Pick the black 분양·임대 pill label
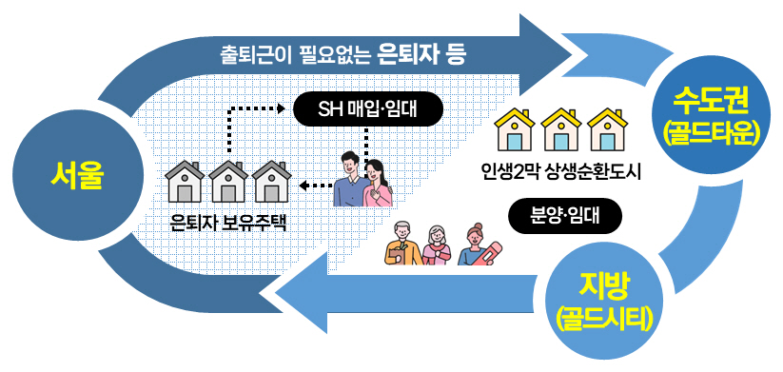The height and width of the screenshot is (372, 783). pyautogui.click(x=564, y=215)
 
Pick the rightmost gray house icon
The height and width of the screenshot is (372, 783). pyautogui.click(x=271, y=182)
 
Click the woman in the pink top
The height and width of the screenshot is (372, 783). pyautogui.click(x=379, y=182)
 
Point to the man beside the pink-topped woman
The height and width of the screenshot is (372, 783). pyautogui.click(x=350, y=180)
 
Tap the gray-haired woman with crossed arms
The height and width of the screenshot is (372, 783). pyautogui.click(x=436, y=245)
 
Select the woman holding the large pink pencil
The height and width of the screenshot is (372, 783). pyautogui.click(x=474, y=245)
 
